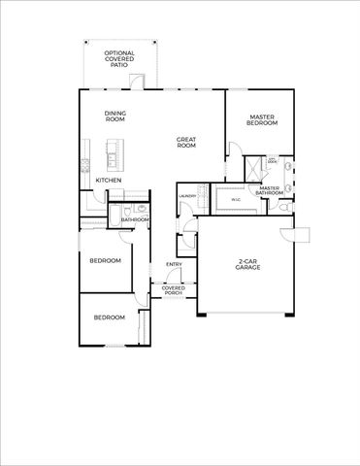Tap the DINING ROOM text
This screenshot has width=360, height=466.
(115, 116)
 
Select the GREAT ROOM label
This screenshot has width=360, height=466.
(186, 142)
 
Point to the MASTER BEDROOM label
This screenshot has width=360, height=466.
(262, 120)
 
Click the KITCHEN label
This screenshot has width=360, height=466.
(108, 181)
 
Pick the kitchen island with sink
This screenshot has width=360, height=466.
(113, 151)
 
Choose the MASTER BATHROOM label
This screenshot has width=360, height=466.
(270, 190)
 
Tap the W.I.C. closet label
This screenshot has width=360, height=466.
(235, 200)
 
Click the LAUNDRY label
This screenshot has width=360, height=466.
(188, 197)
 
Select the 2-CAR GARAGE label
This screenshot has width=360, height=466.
(248, 265)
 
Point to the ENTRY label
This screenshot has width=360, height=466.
(174, 264)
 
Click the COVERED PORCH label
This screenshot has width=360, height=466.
(174, 289)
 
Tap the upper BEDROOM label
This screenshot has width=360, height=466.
(105, 261)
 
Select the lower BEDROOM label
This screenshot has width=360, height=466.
(109, 317)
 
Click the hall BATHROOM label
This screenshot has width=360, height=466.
(135, 219)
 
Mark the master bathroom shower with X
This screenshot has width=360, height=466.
(254, 166)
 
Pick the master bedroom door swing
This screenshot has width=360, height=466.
(233, 149)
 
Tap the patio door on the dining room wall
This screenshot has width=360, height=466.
(140, 83)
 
